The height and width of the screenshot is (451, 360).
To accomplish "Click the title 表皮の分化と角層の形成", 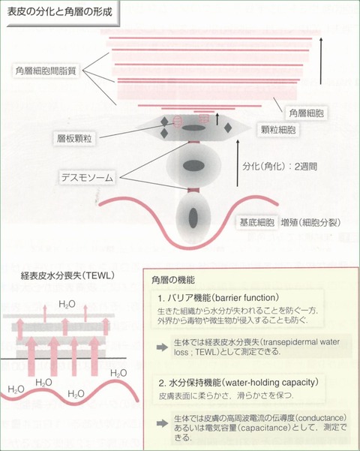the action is click(59, 12).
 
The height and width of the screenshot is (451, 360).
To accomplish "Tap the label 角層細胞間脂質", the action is click(46, 71).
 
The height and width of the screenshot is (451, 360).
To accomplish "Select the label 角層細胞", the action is click(307, 113).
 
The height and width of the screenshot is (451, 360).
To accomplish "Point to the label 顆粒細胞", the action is click(278, 130).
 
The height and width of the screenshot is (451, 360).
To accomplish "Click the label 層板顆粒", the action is click(74, 139).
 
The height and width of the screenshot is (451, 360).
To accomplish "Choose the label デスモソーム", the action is click(88, 177).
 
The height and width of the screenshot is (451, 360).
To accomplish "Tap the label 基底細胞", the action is click(257, 223).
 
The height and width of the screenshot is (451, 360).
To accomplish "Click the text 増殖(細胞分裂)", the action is click(310, 223).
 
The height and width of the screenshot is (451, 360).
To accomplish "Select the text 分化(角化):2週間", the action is click(280, 167).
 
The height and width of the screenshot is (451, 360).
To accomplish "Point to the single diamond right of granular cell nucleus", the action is click(228, 128).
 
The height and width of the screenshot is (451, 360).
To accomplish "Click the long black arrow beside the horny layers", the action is click(321, 62).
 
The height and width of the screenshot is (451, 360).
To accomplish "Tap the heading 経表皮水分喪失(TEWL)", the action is click(67, 275).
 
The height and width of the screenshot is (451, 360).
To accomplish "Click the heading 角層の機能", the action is click(173, 280).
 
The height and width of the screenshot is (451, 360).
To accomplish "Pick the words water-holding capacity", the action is click(271, 383).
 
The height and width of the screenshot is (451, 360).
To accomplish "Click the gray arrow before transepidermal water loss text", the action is click(163, 347).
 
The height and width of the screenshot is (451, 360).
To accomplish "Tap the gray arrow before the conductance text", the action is click(163, 423).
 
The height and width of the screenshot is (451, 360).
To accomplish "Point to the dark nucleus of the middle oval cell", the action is click(193, 165).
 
